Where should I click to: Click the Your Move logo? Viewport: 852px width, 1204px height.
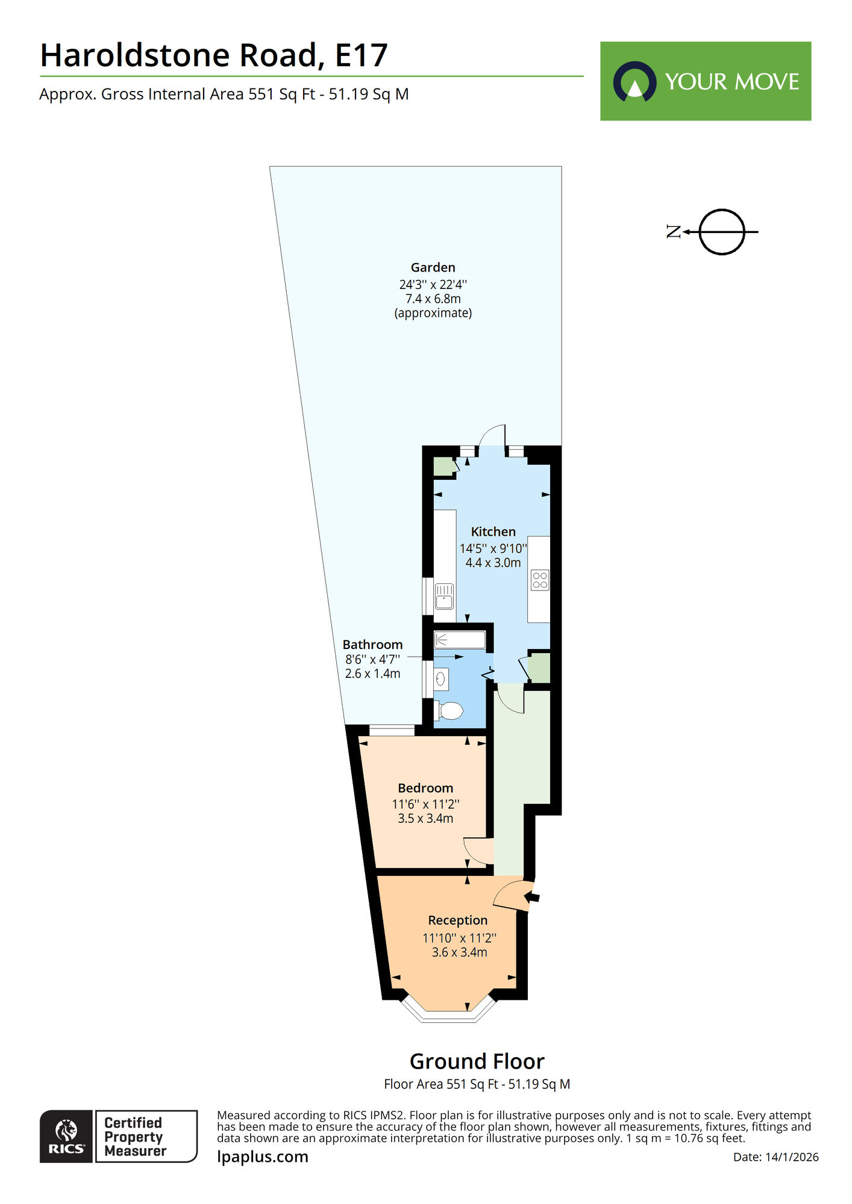click(705, 81)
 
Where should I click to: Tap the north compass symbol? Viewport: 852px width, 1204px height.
click(721, 232)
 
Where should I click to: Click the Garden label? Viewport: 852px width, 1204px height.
click(433, 267)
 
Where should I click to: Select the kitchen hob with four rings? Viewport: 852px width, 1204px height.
click(540, 580)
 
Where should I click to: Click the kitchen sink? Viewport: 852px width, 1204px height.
click(444, 596)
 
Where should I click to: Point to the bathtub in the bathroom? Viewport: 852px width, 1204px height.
click(460, 640)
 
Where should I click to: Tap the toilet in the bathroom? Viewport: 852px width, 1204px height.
click(449, 711)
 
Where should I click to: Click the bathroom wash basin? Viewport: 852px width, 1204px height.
click(441, 679)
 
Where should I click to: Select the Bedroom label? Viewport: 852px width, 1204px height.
click(425, 788)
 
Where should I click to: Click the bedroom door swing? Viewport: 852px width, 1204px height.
click(477, 850)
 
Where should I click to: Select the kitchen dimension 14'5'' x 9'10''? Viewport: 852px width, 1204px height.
click(493, 548)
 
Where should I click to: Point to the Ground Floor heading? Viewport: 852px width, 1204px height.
click(477, 1061)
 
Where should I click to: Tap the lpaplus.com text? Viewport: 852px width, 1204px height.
click(262, 1157)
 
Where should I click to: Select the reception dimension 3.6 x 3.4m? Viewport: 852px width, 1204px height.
click(459, 952)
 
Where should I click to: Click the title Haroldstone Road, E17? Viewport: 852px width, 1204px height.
click(213, 55)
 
